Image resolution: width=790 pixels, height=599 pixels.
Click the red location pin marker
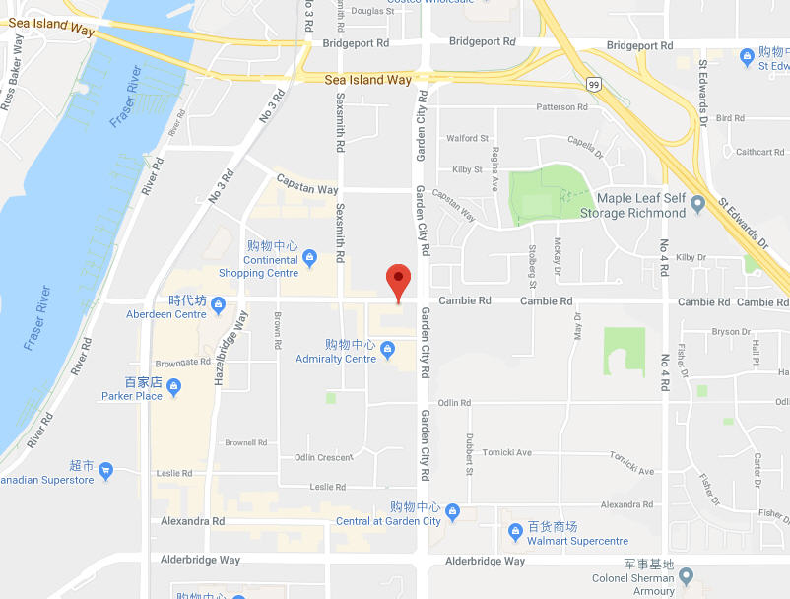point(398,281)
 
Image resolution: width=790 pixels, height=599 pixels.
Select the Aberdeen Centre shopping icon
point(218,302)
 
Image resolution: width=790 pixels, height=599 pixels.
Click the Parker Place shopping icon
point(173,385)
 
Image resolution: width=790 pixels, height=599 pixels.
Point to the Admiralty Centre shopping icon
point(387,347)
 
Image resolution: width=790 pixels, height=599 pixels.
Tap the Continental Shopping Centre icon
point(309,259)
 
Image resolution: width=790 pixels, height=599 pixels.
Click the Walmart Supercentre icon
point(514,533)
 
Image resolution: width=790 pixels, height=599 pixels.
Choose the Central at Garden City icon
point(452,510)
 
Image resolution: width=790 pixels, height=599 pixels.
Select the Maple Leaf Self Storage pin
point(698,205)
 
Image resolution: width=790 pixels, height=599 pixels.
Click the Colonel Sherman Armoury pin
point(687,575)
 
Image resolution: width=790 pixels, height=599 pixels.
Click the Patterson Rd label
point(562,107)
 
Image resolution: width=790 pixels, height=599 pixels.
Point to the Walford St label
point(468,139)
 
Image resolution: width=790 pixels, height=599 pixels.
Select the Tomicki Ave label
point(509,453)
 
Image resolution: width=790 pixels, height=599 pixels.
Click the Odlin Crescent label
point(323,457)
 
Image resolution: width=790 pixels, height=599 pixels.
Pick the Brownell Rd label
point(245,442)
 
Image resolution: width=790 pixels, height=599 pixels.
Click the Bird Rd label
point(731,118)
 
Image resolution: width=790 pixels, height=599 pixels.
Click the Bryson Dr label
point(731,332)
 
